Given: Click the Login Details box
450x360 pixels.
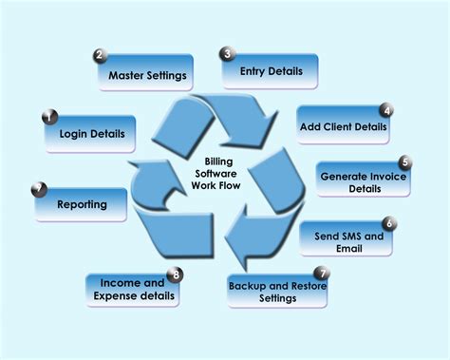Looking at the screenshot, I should coord(90,135).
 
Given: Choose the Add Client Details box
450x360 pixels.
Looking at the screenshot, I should coord(343,125).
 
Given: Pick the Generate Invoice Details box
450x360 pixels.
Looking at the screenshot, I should coord(364,180).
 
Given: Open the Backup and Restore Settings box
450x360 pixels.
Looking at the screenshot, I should coord(277,292).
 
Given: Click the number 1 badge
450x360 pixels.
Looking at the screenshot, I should coord(47,117).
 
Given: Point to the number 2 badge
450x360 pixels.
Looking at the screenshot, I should coord(100,55).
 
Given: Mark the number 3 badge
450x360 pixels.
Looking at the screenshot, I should coord(227,54).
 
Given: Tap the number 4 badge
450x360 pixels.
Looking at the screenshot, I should coord(386,109).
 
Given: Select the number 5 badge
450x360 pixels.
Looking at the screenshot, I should coord(405,162).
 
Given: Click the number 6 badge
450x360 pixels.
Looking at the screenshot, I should coord(389,223).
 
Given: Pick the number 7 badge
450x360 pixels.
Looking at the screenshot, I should coord(323,274).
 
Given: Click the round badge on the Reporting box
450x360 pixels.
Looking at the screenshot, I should coord(38,187).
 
